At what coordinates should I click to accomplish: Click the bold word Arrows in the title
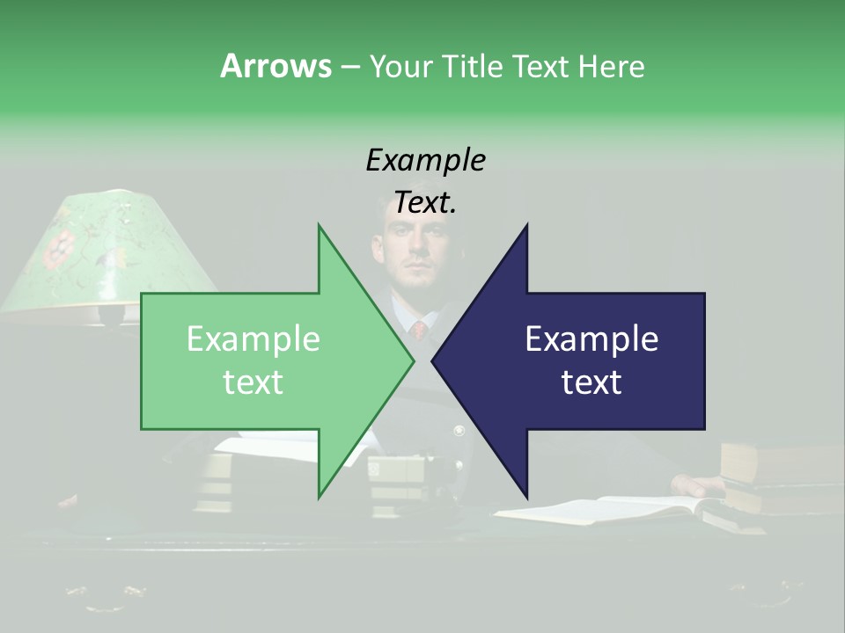pos(276,66)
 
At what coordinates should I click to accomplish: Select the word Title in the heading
pos(473,66)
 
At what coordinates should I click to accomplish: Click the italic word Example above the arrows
pos(425,161)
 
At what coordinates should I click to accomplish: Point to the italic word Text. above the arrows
pos(425,202)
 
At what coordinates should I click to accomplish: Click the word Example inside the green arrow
pos(253,338)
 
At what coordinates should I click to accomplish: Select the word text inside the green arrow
pos(253,382)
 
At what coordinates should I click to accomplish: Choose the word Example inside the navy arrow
pos(591,338)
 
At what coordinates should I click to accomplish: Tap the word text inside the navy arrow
pos(591,382)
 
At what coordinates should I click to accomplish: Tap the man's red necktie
pos(420,331)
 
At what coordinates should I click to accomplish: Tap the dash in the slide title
pos(349,67)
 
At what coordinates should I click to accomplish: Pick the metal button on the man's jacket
pos(459,431)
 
